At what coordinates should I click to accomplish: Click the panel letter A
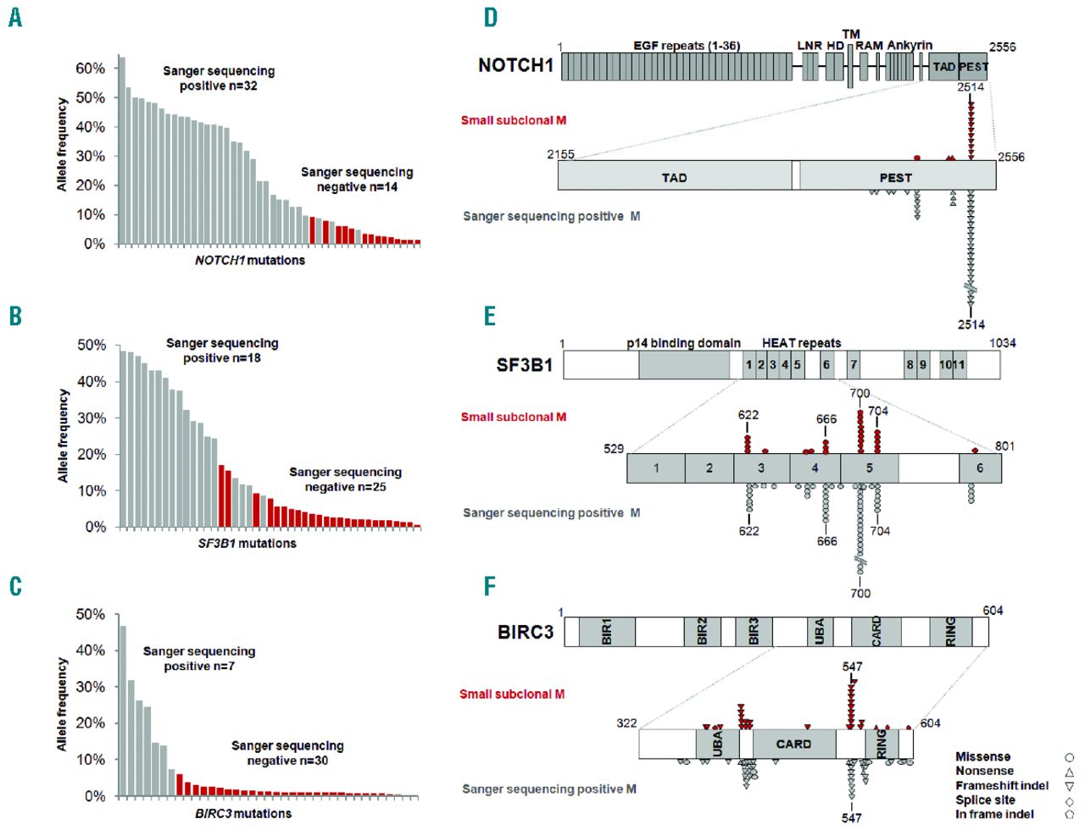15,17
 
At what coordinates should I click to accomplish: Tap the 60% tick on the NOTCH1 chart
90,69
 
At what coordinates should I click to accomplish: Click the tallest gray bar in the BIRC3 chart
122,711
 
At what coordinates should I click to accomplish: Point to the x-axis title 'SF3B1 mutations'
247,543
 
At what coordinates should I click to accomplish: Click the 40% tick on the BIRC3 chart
90,650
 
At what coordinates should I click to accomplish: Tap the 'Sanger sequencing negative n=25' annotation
345,479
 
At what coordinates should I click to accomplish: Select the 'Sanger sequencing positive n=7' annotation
199,658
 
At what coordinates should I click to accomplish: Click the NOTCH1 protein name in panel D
515,65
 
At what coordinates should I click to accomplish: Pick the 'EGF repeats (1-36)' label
687,46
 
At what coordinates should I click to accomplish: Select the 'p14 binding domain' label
683,343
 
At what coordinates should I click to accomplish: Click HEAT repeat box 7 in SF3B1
854,365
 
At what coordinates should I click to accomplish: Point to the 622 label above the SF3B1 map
748,415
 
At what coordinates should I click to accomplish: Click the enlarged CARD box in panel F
793,744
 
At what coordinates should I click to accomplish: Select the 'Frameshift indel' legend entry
1002,785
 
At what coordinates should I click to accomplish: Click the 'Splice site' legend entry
985,800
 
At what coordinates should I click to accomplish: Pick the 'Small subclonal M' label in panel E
514,417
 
